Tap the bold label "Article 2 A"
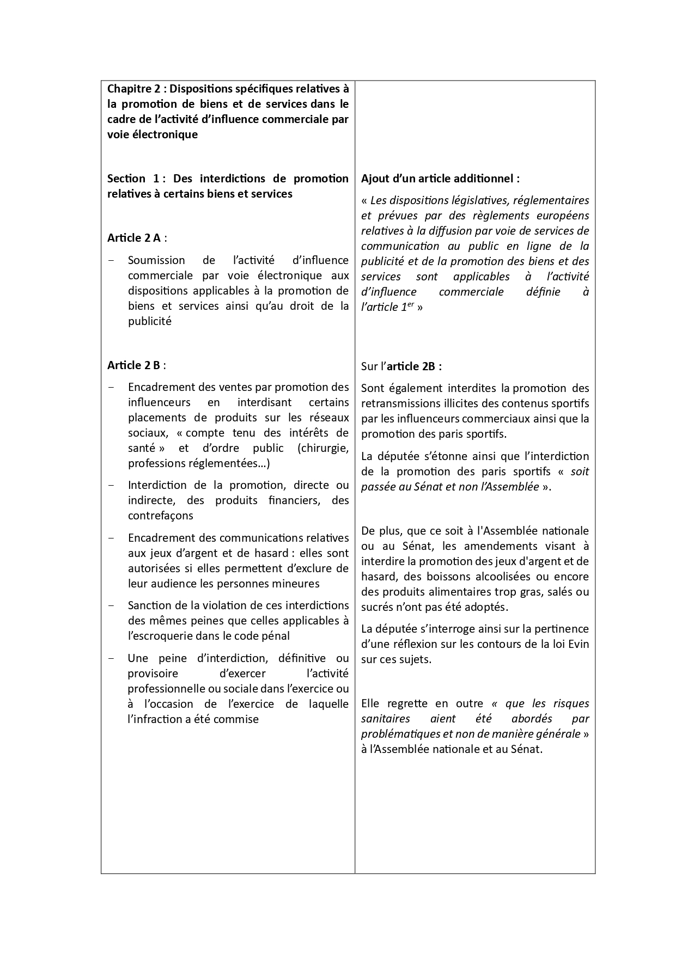pos(134,238)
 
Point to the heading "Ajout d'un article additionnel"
pos(440,179)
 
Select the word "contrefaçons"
pos(160,516)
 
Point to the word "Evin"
pos(578,644)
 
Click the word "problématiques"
pos(401,734)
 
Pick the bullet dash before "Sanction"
pos(112,605)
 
